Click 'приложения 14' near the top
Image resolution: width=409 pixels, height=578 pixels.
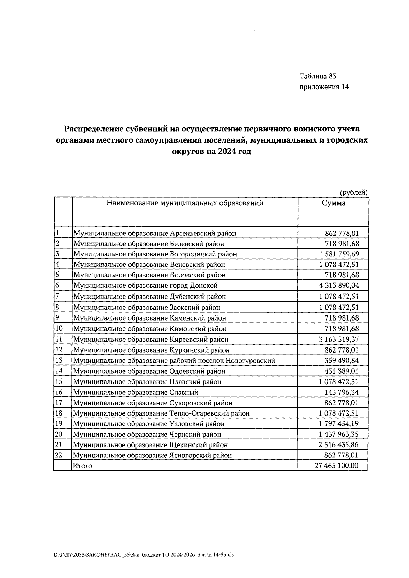point(324,87)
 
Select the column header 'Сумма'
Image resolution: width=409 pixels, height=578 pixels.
point(333,203)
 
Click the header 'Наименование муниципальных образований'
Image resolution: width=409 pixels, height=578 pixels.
point(185,203)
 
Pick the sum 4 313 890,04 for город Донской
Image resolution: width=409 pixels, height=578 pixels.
point(339,285)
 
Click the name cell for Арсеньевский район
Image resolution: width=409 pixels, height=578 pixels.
point(155,233)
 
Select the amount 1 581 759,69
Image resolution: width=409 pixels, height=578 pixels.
point(339,254)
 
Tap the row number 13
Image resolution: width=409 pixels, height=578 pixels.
point(59,360)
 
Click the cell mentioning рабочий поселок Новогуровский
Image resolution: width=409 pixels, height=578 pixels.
point(174,361)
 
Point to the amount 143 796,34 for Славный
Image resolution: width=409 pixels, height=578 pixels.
point(342,392)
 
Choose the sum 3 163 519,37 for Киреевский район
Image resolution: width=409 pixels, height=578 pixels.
point(339,339)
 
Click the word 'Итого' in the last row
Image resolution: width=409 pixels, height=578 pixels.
point(82,466)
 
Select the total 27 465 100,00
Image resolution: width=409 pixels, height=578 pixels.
point(336,466)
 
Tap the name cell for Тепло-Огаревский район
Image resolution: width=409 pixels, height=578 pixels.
point(161,413)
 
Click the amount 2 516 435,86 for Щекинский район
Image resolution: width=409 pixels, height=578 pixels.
point(339,445)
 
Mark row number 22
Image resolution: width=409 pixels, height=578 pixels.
point(59,455)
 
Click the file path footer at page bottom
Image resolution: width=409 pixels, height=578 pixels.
point(143,554)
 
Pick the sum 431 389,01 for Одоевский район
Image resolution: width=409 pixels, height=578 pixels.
point(342,371)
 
